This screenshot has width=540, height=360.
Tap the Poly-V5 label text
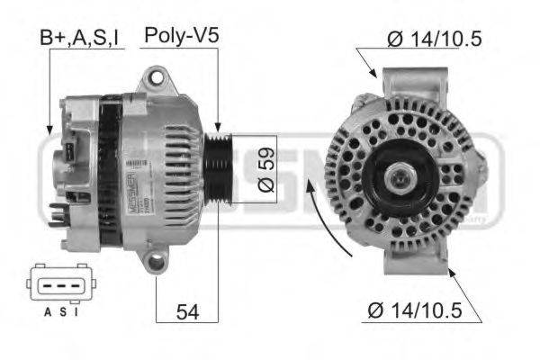coord(183,36)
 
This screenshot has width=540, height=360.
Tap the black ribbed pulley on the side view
coord(216,162)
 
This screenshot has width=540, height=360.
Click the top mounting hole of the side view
coord(158,79)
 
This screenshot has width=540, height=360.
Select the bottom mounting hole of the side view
coord(157,263)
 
